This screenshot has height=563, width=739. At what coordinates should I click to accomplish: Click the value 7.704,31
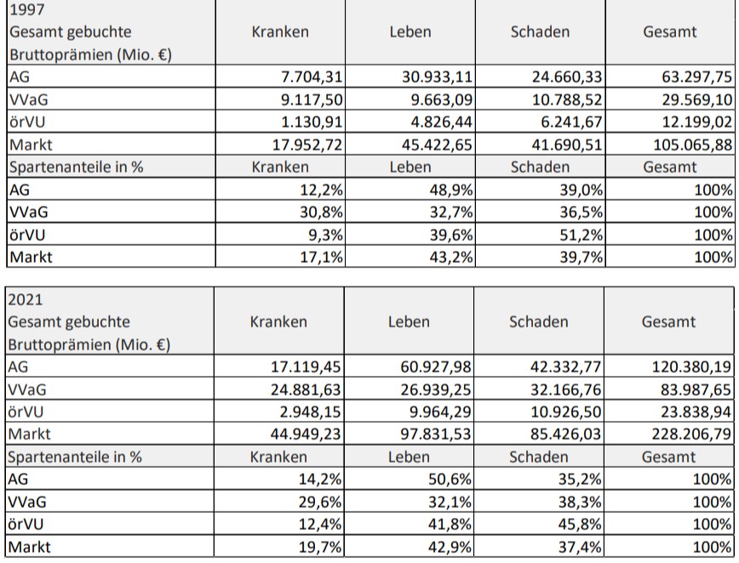pyautogui.click(x=312, y=77)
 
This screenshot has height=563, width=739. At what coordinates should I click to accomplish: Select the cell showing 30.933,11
pyautogui.click(x=437, y=77)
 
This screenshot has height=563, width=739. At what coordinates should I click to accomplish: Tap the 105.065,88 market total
pyautogui.click(x=693, y=145)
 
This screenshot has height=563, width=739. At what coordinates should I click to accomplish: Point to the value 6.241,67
pyautogui.click(x=571, y=122)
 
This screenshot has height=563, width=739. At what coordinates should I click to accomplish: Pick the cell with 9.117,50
pyautogui.click(x=312, y=100)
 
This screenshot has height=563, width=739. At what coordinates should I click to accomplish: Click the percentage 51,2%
pyautogui.click(x=581, y=235)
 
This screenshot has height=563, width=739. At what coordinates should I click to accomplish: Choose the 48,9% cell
pyautogui.click(x=451, y=191)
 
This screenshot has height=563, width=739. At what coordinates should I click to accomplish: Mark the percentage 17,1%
pyautogui.click(x=322, y=257)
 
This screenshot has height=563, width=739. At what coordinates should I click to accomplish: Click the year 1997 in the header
pyautogui.click(x=27, y=9)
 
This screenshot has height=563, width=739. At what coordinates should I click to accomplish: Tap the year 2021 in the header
pyautogui.click(x=26, y=299)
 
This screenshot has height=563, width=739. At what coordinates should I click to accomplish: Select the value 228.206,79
pyautogui.click(x=691, y=434)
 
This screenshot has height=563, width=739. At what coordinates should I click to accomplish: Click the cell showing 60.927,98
pyautogui.click(x=436, y=367)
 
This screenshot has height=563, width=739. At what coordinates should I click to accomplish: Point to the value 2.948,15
pyautogui.click(x=310, y=412)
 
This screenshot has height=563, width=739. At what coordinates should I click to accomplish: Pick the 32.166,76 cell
pyautogui.click(x=565, y=390)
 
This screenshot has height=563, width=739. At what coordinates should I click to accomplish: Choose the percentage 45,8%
pyautogui.click(x=580, y=525)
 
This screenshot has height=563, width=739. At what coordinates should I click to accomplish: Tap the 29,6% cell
pyautogui.click(x=320, y=502)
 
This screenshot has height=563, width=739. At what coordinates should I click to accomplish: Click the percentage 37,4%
pyautogui.click(x=580, y=547)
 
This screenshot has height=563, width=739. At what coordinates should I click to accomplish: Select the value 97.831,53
pyautogui.click(x=436, y=434)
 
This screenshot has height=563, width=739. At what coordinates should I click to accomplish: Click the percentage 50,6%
pyautogui.click(x=450, y=479)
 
